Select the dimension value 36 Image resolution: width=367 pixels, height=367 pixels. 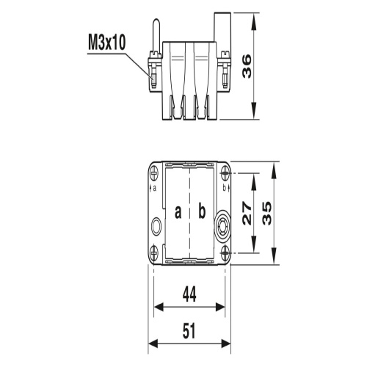point(269,66)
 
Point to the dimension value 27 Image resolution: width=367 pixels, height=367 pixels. point(248,213)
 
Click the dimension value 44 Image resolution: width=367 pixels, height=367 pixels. point(189,296)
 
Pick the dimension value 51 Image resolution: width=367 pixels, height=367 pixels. point(189,331)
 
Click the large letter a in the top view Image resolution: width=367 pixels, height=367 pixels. point(178,212)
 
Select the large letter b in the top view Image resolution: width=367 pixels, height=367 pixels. point(201,212)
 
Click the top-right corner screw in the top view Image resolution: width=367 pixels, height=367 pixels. point(224,174)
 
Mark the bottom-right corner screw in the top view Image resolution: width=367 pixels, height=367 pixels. point(224,251)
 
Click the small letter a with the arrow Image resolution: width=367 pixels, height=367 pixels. point(155,187)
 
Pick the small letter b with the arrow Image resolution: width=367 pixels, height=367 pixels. point(224,187)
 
